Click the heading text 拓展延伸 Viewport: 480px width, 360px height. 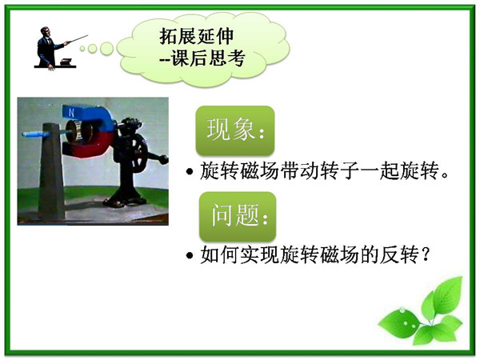point(196,36)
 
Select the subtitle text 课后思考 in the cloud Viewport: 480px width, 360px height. point(208,58)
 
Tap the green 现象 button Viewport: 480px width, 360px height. point(235,130)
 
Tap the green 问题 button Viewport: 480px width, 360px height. point(238,216)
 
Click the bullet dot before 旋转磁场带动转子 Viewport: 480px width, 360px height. point(190,172)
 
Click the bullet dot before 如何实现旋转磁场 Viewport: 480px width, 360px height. point(190,255)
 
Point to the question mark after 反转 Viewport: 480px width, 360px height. point(425,254)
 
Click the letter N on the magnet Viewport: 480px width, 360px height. point(71,113)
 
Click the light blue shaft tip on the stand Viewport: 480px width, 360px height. point(34,134)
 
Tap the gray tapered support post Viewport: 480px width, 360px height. point(51,171)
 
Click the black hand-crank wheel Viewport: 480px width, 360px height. point(138,153)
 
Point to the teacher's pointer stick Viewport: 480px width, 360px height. point(77,39)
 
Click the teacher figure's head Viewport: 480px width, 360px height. point(46,31)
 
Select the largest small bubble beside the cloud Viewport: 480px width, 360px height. point(106,48)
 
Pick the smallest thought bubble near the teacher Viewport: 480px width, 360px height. point(82,48)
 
